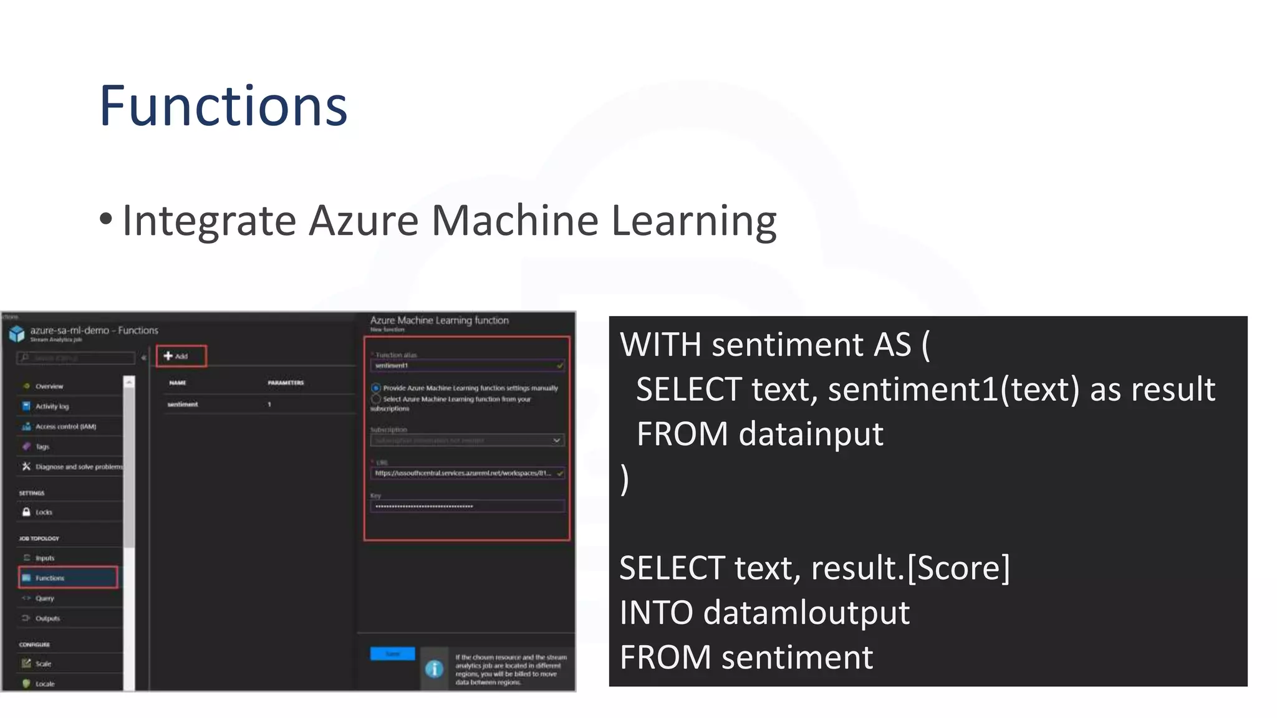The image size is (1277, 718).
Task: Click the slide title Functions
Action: point(223,106)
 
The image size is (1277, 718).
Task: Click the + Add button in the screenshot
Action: point(180,356)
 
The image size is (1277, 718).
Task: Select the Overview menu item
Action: point(49,386)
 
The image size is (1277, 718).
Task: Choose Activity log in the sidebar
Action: point(52,406)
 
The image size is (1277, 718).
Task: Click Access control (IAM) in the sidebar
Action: point(65,426)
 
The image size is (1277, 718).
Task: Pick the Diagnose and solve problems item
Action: point(79,467)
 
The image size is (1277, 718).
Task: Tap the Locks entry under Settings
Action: point(44,512)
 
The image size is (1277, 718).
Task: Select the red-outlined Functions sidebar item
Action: point(68,578)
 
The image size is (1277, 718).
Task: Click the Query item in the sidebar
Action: point(44,598)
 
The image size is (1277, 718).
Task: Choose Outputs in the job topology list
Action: point(47,618)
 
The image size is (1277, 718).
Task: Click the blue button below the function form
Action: point(392,653)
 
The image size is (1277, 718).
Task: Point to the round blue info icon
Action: point(434,669)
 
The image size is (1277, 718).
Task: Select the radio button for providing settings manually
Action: point(376,388)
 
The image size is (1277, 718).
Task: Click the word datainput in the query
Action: point(811,434)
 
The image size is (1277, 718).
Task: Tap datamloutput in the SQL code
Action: point(806,613)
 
